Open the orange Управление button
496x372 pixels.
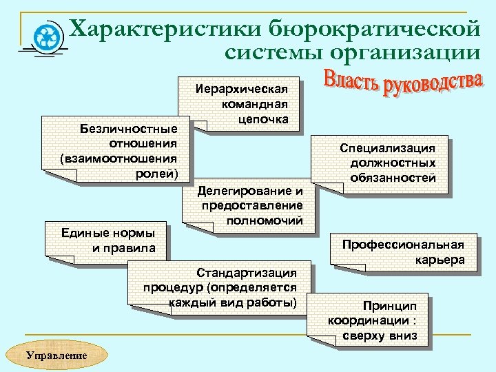[x=56, y=355]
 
